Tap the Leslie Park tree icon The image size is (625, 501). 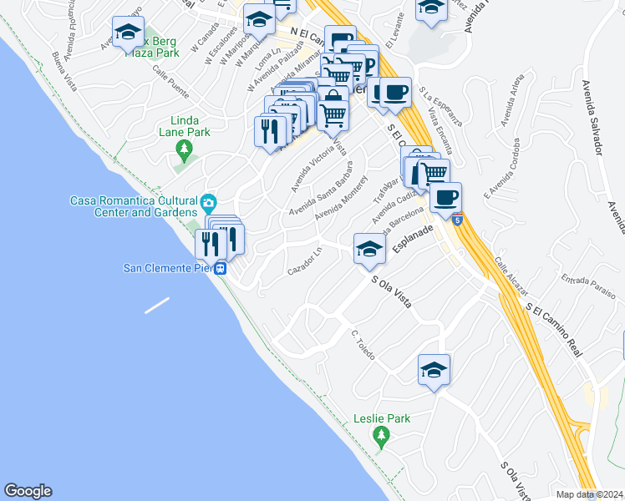point(382,435)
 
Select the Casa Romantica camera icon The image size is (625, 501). point(209,202)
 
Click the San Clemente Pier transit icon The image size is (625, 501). point(221,269)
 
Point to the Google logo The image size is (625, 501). point(28,491)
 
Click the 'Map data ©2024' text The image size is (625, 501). point(590,494)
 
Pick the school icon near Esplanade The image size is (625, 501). point(369,248)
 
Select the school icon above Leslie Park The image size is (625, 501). point(434,369)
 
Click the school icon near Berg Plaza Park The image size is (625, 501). point(128,33)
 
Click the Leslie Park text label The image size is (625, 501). point(382,418)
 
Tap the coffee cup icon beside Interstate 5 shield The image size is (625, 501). point(445,198)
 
